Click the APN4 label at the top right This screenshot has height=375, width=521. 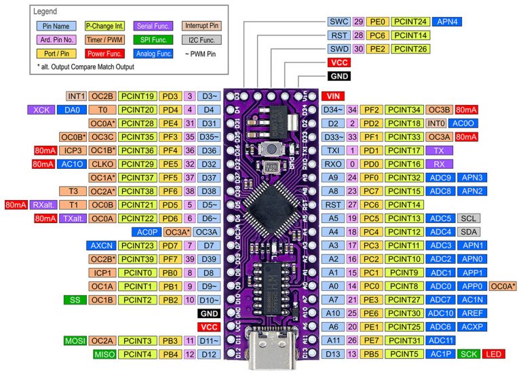point(450,21)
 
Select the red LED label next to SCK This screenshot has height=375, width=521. point(493,354)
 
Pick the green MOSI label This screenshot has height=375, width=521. point(75,340)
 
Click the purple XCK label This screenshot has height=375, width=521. point(40,109)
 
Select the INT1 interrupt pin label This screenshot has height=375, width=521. point(76,96)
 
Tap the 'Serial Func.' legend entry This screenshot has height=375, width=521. point(153,26)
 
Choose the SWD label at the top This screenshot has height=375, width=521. point(339,49)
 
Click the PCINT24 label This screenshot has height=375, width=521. point(410,21)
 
